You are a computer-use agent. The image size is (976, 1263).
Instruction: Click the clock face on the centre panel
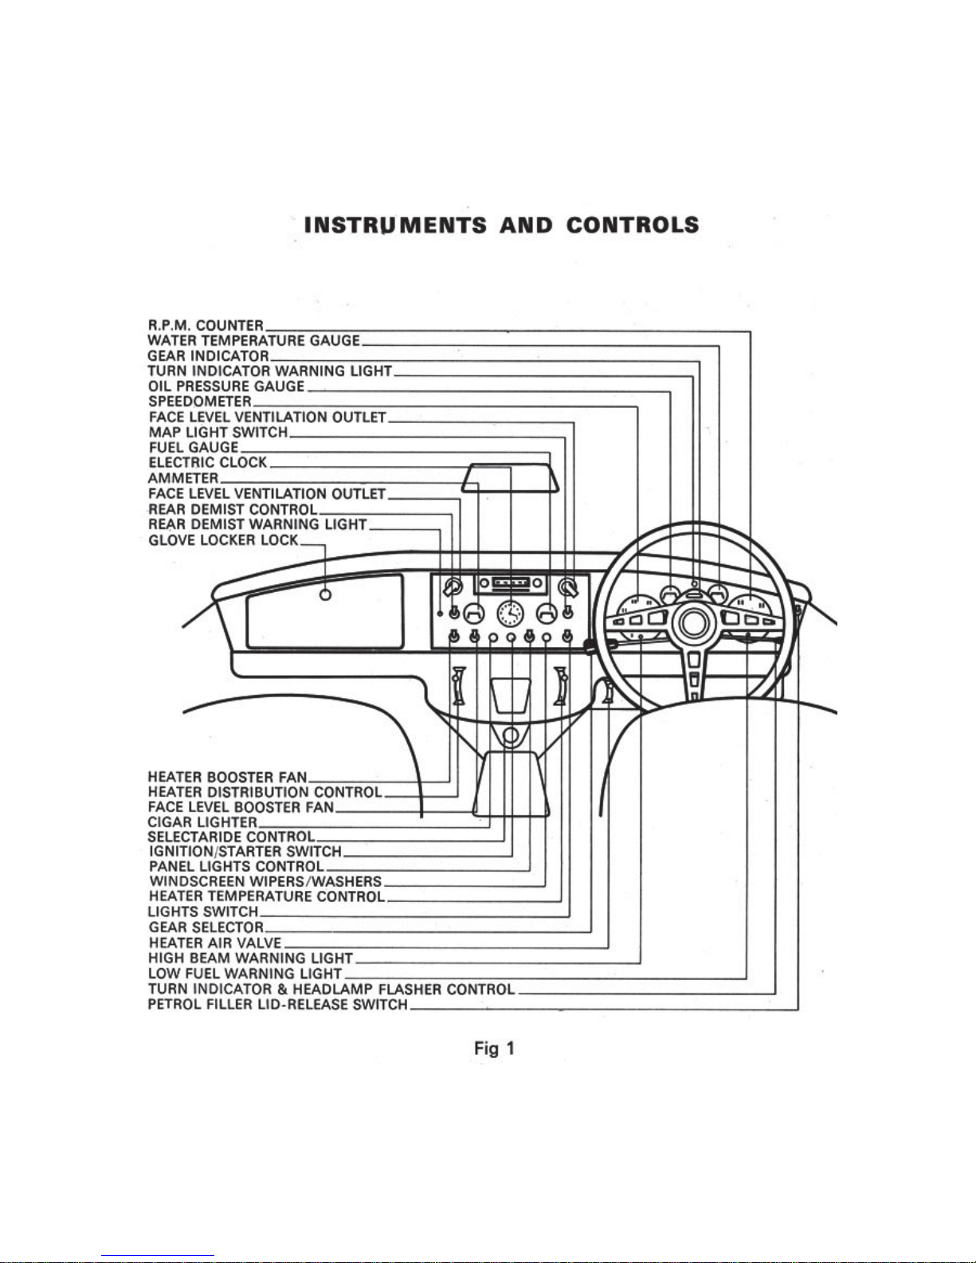coord(510,614)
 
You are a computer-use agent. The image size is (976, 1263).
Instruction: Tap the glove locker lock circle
coord(326,595)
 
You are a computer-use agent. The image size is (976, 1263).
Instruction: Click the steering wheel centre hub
coord(692,622)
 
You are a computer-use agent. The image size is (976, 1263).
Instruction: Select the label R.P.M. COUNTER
coord(206,325)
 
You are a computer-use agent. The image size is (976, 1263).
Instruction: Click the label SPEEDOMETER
coord(201,402)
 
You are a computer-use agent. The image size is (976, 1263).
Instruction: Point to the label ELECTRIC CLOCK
coord(208,463)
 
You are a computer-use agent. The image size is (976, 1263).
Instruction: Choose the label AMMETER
coord(183,478)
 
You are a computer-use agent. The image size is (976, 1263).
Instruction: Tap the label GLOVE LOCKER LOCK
coord(224,540)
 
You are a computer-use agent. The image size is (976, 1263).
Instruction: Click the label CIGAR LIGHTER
coord(202,822)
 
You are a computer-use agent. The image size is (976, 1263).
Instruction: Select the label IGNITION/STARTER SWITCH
coord(245,852)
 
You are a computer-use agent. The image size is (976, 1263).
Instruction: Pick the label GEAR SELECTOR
coord(206,927)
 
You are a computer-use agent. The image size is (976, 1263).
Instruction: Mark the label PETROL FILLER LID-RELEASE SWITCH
coord(278,1004)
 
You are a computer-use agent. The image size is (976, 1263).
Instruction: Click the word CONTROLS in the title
coord(633,226)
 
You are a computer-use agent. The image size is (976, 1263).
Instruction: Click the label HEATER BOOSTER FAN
coord(227,777)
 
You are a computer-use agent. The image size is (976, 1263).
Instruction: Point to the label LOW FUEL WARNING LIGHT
coord(245,974)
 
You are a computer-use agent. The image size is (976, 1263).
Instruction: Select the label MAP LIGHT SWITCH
coord(218,433)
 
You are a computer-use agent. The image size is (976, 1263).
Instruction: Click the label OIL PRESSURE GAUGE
coord(226,386)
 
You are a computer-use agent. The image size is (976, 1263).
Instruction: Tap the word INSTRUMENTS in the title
coord(396,226)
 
